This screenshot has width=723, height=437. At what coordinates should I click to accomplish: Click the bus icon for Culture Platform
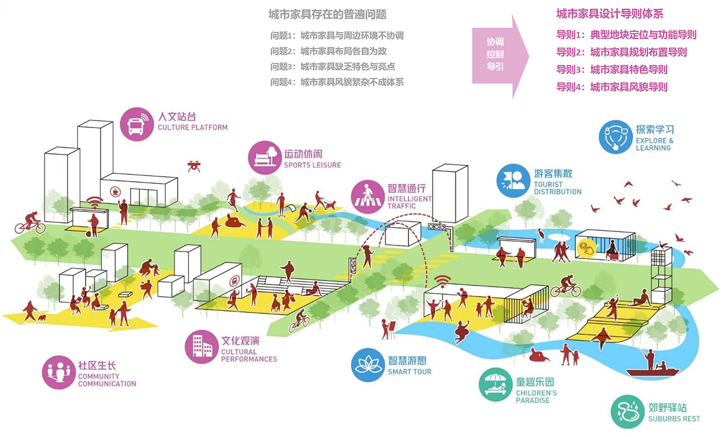tap(136, 124)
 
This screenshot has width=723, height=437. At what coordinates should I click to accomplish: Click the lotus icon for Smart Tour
tap(368, 365)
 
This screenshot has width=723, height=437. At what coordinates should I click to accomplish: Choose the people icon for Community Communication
tap(58, 372)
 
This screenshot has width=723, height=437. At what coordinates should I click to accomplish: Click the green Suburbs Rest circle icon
tap(627, 412)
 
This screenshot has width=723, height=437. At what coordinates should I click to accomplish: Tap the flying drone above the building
tap(195, 166)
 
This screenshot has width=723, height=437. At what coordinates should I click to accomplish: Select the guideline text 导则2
tap(621, 52)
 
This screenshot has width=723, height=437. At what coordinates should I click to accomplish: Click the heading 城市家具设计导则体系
tap(609, 14)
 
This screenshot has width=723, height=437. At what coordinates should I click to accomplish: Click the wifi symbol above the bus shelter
tap(94, 200)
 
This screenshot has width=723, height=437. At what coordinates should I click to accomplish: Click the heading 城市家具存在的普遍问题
tap(327, 14)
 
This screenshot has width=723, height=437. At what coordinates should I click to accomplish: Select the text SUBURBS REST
tap(674, 418)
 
